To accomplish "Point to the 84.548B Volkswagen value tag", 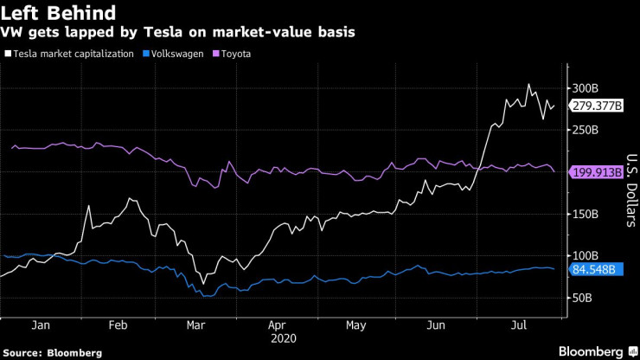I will (x=594, y=269).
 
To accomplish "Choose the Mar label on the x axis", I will (x=195, y=325).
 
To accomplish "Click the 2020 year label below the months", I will (x=282, y=338).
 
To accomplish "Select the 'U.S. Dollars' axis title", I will (x=631, y=191).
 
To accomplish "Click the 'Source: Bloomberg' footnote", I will (x=53, y=352).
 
